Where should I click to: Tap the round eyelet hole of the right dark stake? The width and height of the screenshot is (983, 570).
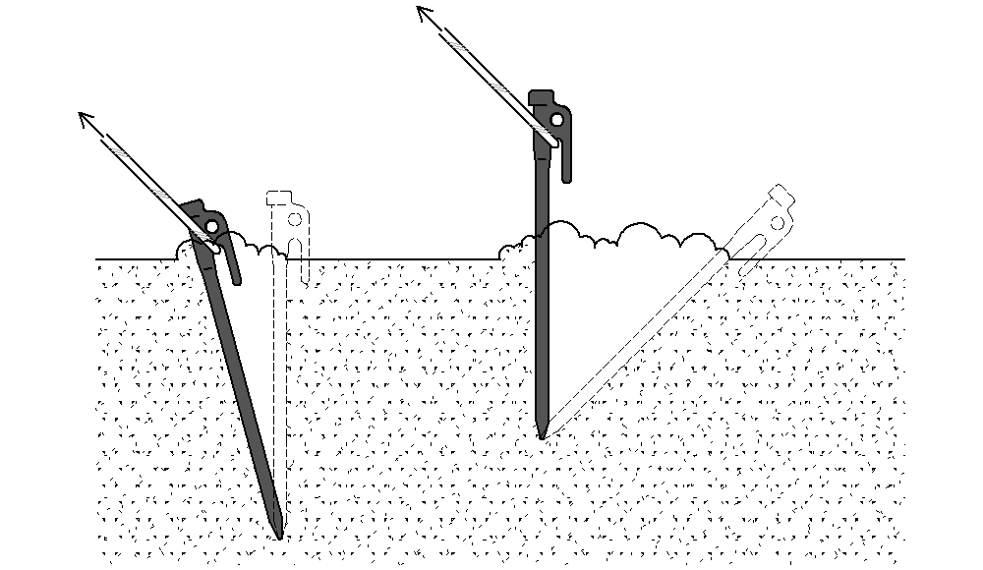557,119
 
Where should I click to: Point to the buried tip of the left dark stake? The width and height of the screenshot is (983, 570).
280,535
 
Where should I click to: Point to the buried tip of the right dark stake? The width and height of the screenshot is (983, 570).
542,433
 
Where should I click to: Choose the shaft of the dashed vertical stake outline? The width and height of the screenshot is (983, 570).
281,393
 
